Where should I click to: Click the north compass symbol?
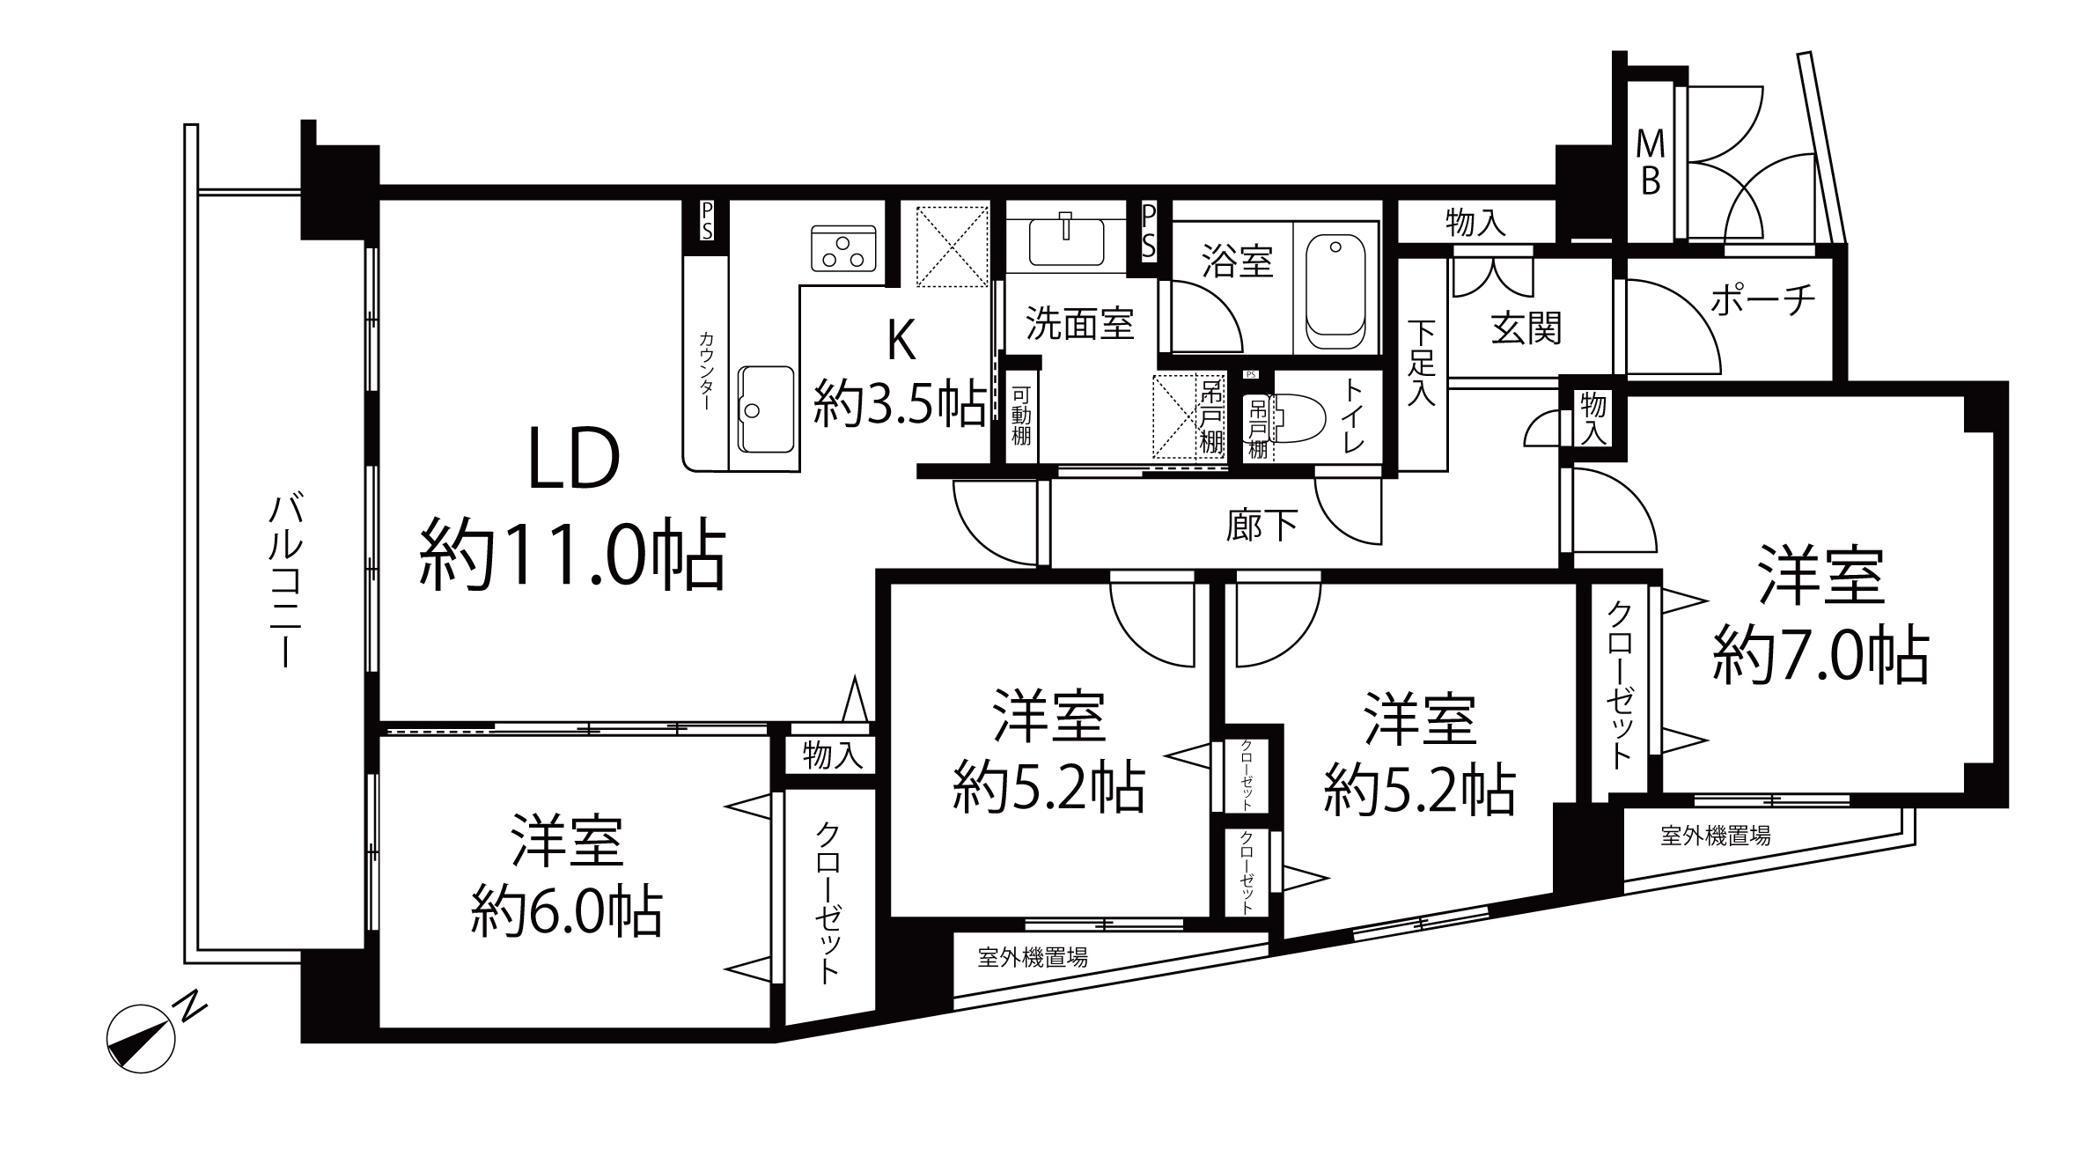[x=141, y=1038]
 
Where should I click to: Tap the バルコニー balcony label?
[x=286, y=581]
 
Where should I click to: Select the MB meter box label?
[x=1649, y=163]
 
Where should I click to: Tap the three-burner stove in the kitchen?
[x=845, y=248]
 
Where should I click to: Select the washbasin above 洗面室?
[x=1066, y=239]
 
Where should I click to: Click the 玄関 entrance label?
[x=1526, y=328]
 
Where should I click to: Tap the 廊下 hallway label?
[x=1261, y=526]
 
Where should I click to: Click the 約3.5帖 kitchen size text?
[x=899, y=403]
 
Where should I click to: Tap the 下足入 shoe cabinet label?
[x=1420, y=363]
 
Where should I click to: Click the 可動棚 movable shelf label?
[x=1020, y=416]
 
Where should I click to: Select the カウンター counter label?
[x=707, y=371]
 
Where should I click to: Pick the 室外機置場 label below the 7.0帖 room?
[x=1716, y=836]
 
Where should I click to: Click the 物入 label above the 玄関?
[x=1475, y=224]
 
